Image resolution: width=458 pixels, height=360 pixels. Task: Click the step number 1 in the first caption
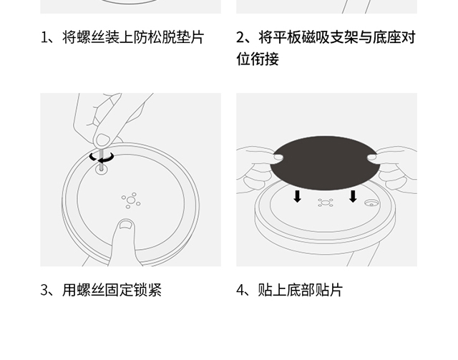(44, 37)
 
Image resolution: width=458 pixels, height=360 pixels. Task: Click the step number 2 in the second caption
(240, 37)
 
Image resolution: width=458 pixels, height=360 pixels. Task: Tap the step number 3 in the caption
(44, 290)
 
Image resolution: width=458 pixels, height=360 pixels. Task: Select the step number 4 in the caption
(240, 290)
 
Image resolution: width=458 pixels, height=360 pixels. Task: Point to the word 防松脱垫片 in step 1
(169, 37)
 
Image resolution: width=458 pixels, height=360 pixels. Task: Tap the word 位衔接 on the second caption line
(258, 59)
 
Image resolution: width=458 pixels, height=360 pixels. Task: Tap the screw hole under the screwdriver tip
(102, 169)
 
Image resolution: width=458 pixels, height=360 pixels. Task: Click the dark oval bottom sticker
(325, 162)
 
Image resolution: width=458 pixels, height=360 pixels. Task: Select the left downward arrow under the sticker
(298, 196)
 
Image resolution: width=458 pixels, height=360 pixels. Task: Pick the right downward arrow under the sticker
(353, 196)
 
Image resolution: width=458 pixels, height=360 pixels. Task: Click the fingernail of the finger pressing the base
(126, 224)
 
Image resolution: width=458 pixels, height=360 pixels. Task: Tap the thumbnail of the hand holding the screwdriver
(102, 140)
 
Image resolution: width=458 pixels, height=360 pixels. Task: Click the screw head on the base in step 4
(371, 203)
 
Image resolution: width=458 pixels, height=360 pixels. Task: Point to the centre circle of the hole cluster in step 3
(131, 200)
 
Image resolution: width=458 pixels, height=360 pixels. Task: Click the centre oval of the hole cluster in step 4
(325, 203)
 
